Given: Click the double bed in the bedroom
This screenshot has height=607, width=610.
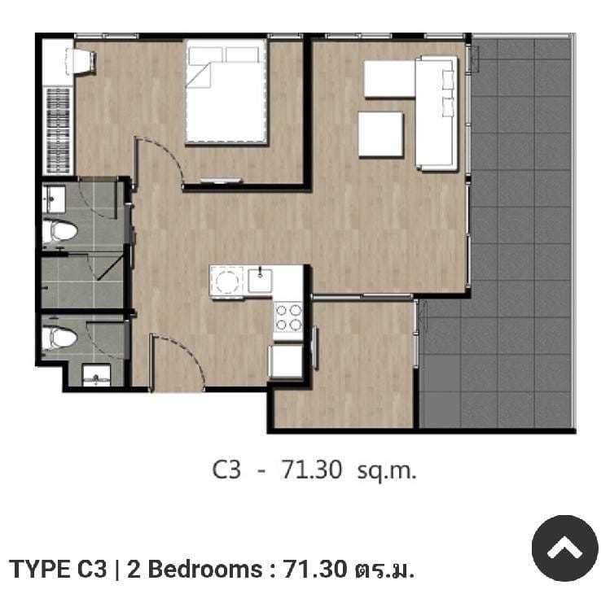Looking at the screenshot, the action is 226,92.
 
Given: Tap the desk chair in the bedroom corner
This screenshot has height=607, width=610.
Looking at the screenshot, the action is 84,61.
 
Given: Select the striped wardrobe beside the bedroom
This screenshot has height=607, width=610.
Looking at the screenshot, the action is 58,130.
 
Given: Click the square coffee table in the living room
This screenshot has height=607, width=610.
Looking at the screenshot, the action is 380,134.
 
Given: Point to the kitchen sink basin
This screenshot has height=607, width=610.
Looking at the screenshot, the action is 260,280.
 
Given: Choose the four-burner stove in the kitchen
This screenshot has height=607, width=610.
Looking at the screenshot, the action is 288,317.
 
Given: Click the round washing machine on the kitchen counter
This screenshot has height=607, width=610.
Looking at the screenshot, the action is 226,281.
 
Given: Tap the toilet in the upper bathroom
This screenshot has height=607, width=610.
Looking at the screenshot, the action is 59,232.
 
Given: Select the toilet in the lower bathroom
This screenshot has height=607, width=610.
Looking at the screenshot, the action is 59,338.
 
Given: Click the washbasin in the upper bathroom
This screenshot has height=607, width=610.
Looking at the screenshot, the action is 54,199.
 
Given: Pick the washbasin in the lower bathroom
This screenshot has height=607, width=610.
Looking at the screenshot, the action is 96,376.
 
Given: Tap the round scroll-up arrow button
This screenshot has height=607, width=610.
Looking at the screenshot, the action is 564,548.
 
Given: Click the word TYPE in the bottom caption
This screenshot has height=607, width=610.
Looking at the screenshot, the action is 41,570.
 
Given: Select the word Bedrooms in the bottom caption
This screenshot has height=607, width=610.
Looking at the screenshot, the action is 205,570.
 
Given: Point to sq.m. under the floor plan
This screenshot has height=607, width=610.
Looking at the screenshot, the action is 387,470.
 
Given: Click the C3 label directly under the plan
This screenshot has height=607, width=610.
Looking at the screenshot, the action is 226,469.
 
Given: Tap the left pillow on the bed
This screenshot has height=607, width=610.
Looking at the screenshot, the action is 205,56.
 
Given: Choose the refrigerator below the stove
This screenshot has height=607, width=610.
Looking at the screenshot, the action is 286,361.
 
